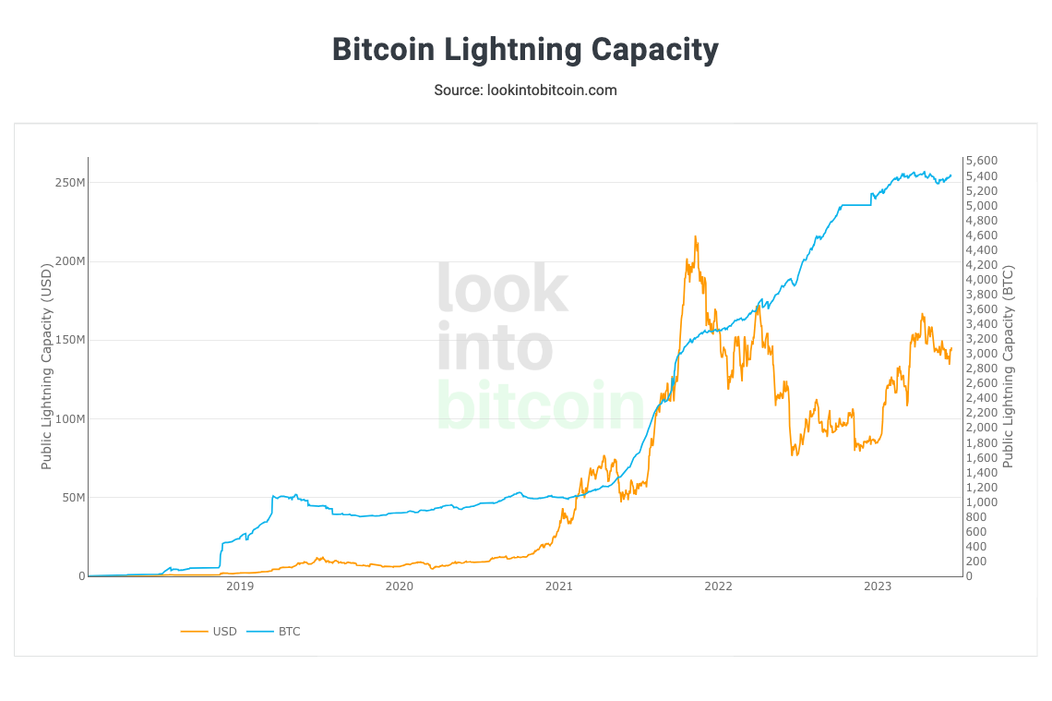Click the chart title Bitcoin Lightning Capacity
525,49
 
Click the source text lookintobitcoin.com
525,91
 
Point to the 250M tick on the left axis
69,183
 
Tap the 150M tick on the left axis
69,340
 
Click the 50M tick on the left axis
72,498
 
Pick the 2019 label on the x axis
239,586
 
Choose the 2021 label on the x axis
558,586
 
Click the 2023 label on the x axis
878,586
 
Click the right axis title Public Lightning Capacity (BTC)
1009,367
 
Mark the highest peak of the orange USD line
695,236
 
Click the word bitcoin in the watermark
539,405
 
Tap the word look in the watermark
502,288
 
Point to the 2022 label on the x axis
718,586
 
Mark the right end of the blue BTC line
951,175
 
